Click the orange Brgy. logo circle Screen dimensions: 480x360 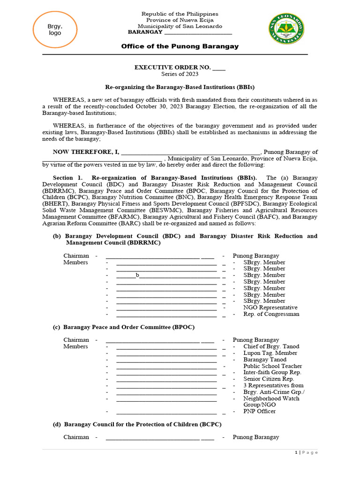[55, 30]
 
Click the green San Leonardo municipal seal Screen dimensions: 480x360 [286, 29]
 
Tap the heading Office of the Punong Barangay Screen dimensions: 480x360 [180, 46]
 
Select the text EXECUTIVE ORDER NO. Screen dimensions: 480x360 [172, 67]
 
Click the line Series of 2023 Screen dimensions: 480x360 [180, 74]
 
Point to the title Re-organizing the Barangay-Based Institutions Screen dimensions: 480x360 [180, 87]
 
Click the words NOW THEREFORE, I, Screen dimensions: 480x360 [86, 152]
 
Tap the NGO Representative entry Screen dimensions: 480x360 [270, 307]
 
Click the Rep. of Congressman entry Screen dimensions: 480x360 [271, 314]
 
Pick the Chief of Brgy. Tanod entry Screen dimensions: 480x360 [271, 346]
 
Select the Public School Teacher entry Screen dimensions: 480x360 [272, 366]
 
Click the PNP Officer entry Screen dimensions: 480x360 [259, 411]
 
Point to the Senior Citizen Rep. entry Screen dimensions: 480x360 [269, 379]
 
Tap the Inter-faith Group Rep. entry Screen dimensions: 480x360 [272, 372]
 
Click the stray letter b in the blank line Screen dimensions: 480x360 [137, 276]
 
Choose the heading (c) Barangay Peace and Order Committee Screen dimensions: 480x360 [123, 327]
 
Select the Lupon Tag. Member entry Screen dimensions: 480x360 [270, 353]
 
